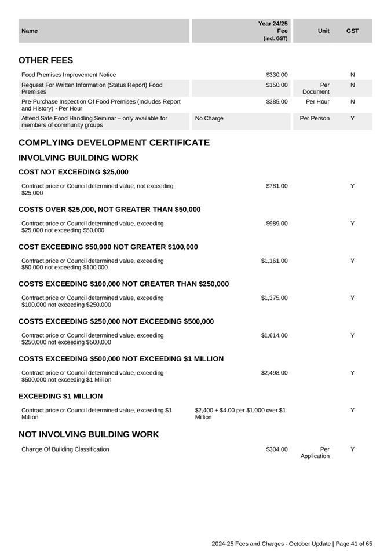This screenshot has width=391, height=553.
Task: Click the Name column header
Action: tap(29, 31)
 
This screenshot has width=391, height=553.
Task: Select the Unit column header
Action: tap(324, 31)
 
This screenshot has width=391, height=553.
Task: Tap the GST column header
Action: tap(352, 31)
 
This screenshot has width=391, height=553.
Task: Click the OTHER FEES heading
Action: tap(46, 60)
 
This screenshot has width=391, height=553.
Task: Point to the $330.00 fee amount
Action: tap(277, 75)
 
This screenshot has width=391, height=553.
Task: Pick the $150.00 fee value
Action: tap(277, 85)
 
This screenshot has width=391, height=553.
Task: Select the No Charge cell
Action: tap(209, 118)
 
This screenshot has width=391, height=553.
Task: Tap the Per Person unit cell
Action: tap(315, 118)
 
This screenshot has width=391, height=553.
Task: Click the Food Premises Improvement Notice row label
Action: tap(68, 75)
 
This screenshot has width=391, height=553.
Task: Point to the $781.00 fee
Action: tap(277, 186)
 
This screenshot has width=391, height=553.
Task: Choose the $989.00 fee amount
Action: tap(277, 224)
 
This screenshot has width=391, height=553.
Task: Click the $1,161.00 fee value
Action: tap(274, 261)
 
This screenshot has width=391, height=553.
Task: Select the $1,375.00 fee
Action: tap(274, 298)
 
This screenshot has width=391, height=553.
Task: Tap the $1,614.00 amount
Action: tap(274, 335)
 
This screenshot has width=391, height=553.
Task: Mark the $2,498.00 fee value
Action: tap(274, 373)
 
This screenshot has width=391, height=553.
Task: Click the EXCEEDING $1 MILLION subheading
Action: tap(61, 396)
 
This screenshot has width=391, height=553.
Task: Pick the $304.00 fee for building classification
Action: tap(277, 449)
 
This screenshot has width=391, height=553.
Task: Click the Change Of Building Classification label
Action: tap(65, 449)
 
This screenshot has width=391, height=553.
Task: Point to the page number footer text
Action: tap(292, 544)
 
